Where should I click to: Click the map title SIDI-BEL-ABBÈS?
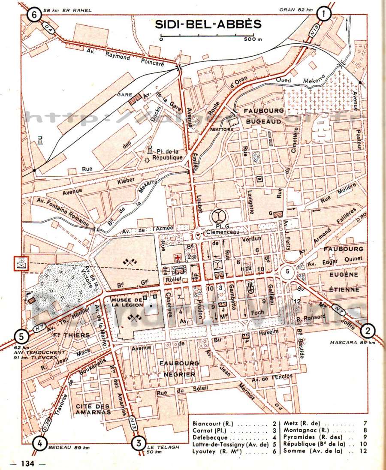click(208, 24)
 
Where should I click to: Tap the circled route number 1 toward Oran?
click(323, 15)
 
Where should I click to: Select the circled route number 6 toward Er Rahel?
click(34, 15)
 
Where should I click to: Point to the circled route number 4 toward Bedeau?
click(40, 442)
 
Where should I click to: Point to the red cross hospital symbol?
click(176, 257)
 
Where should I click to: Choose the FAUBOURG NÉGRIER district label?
click(178, 369)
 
